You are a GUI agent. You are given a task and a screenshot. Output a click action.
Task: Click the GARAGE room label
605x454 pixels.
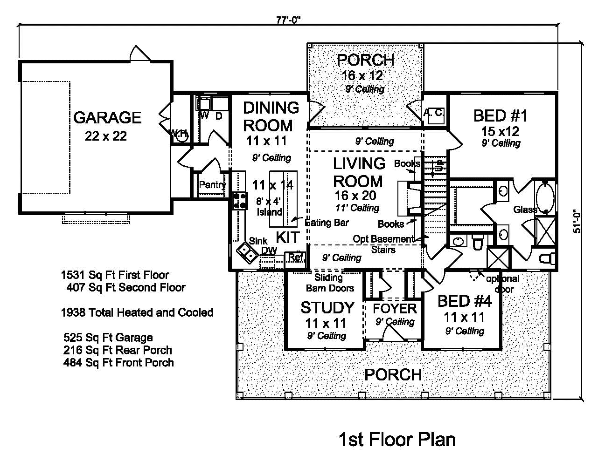107,117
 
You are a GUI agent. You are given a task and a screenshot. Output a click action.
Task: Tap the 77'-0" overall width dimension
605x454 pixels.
288,20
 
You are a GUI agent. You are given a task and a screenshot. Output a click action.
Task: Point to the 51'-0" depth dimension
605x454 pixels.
577,220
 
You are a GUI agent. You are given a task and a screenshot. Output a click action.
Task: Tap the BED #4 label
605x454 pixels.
464,301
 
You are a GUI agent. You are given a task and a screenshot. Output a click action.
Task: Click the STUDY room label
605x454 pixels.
327,308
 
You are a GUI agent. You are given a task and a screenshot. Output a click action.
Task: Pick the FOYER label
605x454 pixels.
395,308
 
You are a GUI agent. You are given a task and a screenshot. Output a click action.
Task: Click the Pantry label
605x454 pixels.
212,185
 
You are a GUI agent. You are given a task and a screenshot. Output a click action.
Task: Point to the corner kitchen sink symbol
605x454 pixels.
246,252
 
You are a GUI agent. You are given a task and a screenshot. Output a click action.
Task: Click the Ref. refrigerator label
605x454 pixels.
296,257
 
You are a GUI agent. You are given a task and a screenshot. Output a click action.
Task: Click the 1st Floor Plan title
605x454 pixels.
396,439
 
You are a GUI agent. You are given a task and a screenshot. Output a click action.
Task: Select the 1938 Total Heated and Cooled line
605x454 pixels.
137,312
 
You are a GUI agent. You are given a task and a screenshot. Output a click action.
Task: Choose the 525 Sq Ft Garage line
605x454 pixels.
108,338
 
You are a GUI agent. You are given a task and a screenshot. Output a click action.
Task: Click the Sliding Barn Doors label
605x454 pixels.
329,283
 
